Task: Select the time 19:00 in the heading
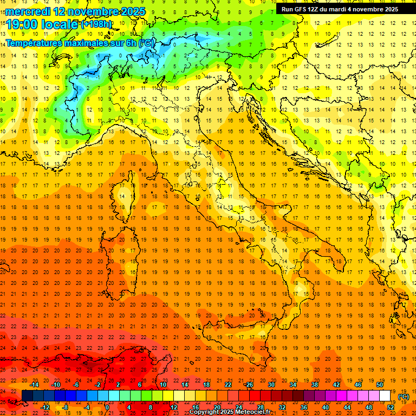(x=21, y=24)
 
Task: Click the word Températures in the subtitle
(x=34, y=43)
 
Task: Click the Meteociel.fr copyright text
(x=230, y=412)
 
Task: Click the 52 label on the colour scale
(x=391, y=407)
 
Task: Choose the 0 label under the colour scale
(x=107, y=407)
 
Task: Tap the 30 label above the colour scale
(x=271, y=385)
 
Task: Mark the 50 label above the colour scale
(x=380, y=385)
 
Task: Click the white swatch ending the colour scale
(x=385, y=396)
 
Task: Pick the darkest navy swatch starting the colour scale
(x=27, y=396)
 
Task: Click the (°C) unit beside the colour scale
(x=403, y=396)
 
